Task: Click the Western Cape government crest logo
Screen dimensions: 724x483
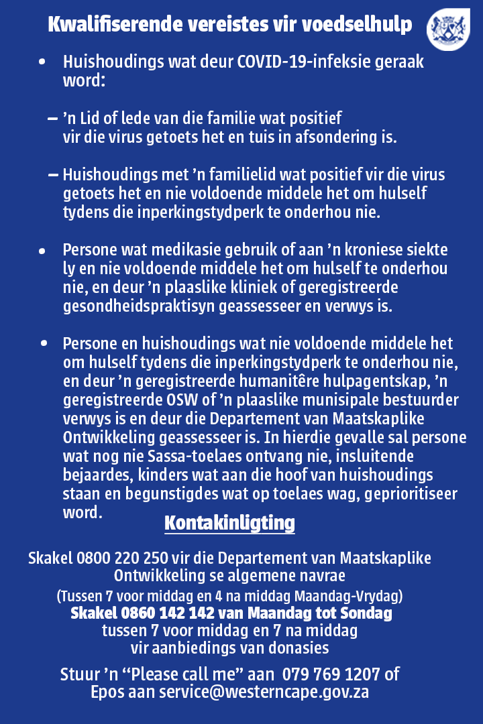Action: [449, 29]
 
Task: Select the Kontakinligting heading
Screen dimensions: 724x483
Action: [229, 523]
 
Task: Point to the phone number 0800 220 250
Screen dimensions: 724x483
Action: [123, 558]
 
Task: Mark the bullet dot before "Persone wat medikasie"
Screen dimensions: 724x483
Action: [42, 251]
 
